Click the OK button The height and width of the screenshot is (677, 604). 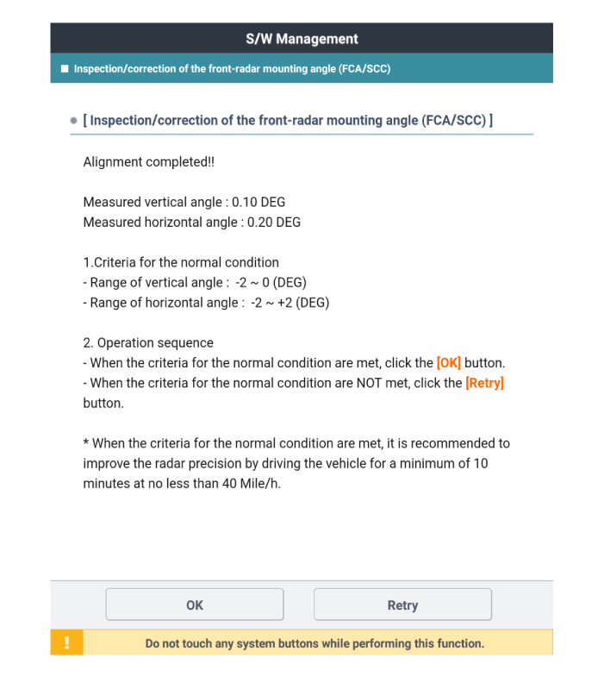(x=195, y=605)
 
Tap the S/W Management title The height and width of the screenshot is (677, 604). (x=302, y=39)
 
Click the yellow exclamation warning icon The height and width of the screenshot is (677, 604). (x=66, y=643)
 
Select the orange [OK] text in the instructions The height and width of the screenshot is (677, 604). (x=449, y=363)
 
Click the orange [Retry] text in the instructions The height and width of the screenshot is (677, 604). (x=484, y=383)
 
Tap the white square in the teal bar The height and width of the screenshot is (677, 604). (x=64, y=69)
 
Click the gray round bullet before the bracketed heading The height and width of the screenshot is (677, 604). (x=73, y=121)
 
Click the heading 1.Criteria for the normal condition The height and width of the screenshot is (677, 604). (x=181, y=262)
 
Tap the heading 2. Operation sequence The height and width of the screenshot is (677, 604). (x=148, y=343)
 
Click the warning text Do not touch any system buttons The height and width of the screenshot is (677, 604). (x=314, y=643)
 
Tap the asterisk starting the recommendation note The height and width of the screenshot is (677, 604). (x=86, y=443)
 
